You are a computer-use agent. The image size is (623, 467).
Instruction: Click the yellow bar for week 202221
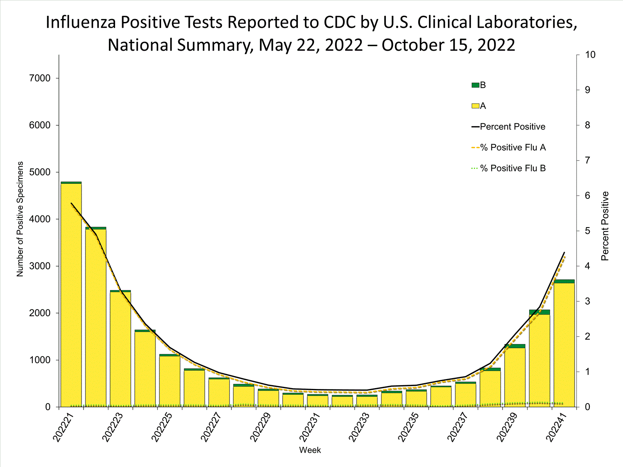(71, 295)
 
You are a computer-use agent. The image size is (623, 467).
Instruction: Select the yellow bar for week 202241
(564, 345)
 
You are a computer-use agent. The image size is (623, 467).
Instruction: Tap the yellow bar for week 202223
(120, 349)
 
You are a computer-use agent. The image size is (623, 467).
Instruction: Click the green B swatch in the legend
(475, 86)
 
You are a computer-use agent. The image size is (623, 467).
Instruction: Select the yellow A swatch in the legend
(475, 106)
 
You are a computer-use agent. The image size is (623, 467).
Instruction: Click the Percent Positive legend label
(512, 127)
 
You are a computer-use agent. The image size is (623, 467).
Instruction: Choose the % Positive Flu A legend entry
(513, 148)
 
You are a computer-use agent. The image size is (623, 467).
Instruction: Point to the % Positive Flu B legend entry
(513, 169)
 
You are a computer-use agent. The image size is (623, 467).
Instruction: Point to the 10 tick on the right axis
(590, 55)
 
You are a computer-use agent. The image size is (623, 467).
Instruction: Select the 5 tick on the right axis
(588, 231)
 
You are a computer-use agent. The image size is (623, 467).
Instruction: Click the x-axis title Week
(310, 450)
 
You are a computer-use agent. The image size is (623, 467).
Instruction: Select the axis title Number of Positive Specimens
(20, 219)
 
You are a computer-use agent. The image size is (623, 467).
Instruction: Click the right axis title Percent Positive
(605, 226)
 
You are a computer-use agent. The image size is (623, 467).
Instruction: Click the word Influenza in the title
(81, 23)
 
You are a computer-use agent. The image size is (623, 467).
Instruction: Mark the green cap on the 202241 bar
(564, 281)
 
